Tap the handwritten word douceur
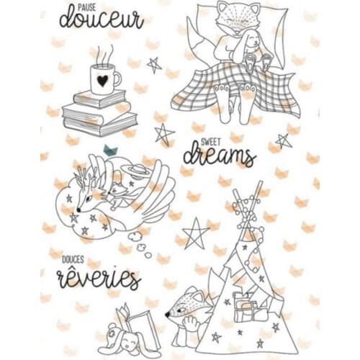pyautogui.click(x=101, y=19)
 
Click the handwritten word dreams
pyautogui.click(x=219, y=156)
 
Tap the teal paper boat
pyautogui.click(x=109, y=150)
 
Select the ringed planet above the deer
pyautogui.click(x=134, y=172)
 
